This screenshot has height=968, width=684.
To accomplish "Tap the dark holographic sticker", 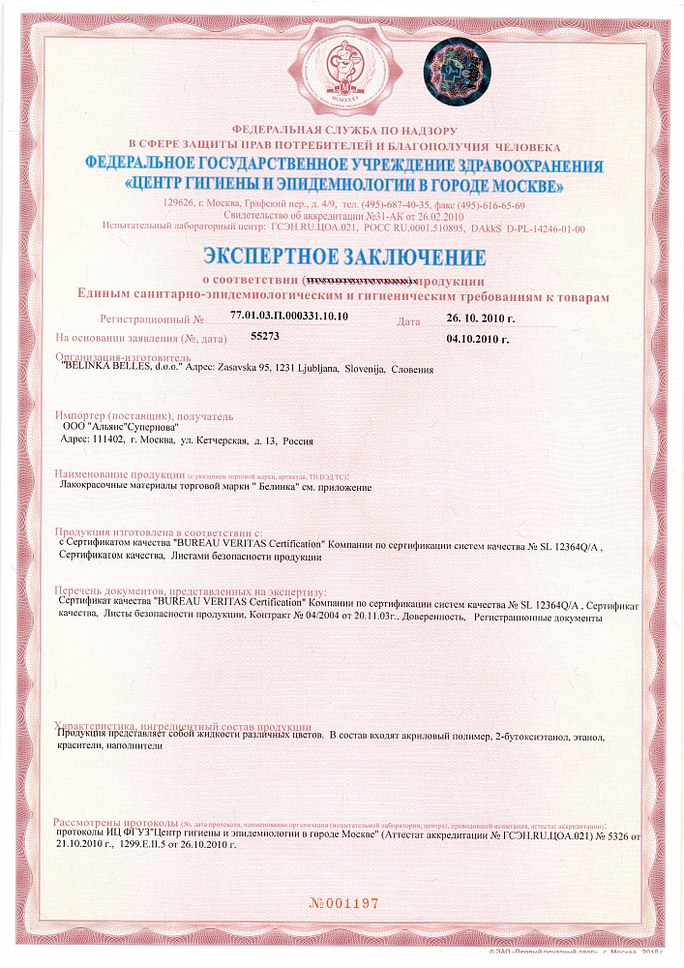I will (x=459, y=71).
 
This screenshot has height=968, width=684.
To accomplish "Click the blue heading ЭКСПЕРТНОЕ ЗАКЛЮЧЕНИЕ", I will (x=343, y=257).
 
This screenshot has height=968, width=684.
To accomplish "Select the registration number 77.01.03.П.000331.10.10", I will (x=289, y=317).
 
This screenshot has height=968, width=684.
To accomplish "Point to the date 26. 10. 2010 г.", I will (x=481, y=318).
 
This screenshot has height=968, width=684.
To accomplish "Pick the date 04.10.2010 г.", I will (x=478, y=340).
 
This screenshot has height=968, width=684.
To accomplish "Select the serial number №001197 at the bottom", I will (x=343, y=903).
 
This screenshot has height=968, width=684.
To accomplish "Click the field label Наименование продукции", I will (x=120, y=475).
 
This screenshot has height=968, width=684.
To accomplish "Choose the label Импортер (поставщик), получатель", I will (x=144, y=415).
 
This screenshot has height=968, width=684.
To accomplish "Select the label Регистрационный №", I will (x=152, y=318).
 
